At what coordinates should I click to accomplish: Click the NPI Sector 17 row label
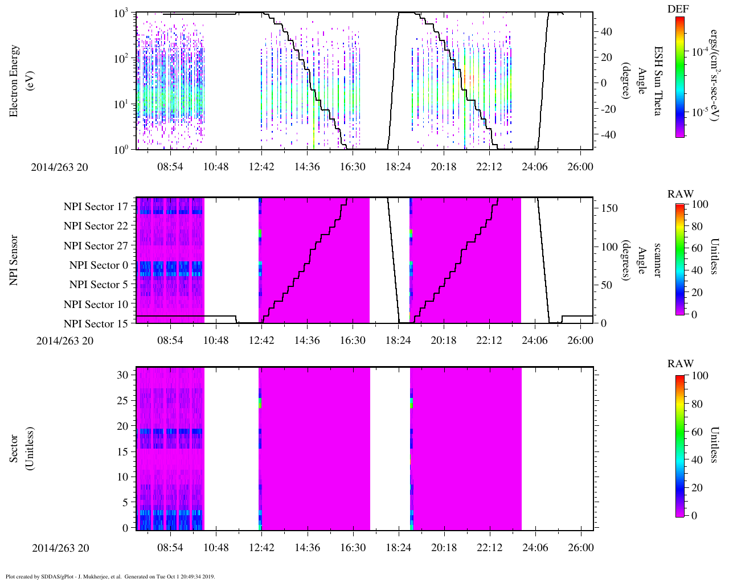[96, 207]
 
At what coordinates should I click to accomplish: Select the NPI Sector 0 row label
[99, 265]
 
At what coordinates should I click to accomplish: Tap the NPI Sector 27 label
[96, 246]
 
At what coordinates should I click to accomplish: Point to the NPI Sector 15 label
[96, 324]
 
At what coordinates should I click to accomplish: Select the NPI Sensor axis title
[14, 260]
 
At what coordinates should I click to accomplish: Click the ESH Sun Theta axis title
[658, 81]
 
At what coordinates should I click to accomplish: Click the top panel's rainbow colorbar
[679, 77]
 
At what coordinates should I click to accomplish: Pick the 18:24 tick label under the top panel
[398, 167]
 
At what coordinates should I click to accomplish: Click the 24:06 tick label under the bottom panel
[535, 548]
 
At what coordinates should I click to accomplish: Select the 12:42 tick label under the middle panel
[261, 340]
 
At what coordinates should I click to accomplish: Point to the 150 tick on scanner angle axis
[609, 208]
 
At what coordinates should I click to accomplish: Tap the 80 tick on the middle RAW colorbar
[697, 227]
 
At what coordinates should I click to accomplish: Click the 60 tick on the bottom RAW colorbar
[697, 432]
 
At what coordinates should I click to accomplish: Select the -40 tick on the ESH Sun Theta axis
[607, 135]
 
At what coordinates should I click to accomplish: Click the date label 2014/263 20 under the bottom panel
[60, 548]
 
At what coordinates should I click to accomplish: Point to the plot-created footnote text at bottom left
[110, 577]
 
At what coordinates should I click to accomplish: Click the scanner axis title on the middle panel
[658, 260]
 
